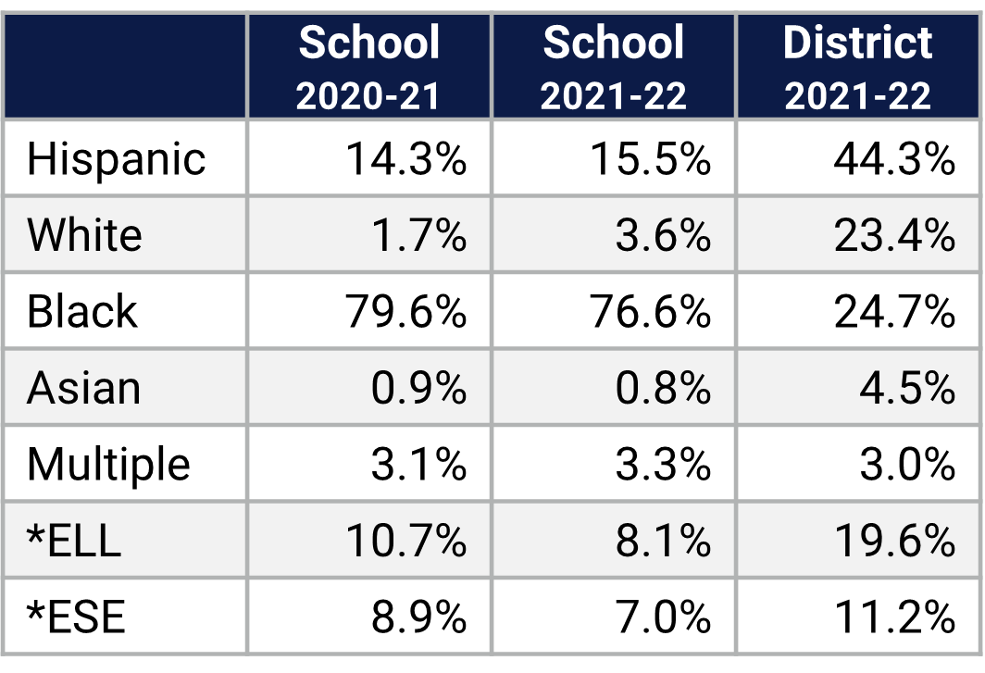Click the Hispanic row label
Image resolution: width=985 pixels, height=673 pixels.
click(x=116, y=159)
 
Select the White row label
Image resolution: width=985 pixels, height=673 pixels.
click(x=84, y=235)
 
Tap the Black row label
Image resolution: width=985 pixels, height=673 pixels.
click(x=82, y=311)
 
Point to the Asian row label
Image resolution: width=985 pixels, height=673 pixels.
click(x=84, y=388)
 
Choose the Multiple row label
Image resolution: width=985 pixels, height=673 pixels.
click(x=108, y=464)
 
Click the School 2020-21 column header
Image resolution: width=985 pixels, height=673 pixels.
click(x=369, y=67)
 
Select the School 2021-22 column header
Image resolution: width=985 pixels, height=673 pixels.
click(x=614, y=67)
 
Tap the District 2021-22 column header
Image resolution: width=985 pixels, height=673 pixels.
click(x=858, y=67)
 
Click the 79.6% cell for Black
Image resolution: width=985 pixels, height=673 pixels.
click(x=406, y=312)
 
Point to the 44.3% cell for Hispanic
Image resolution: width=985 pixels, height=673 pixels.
click(x=894, y=159)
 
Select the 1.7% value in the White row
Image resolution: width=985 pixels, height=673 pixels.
click(x=418, y=235)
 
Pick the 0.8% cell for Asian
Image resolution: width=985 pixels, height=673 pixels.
click(x=663, y=388)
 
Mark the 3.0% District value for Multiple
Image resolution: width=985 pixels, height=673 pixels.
click(x=907, y=464)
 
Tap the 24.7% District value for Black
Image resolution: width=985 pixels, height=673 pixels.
click(x=894, y=312)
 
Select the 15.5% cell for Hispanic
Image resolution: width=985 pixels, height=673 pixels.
click(x=651, y=159)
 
